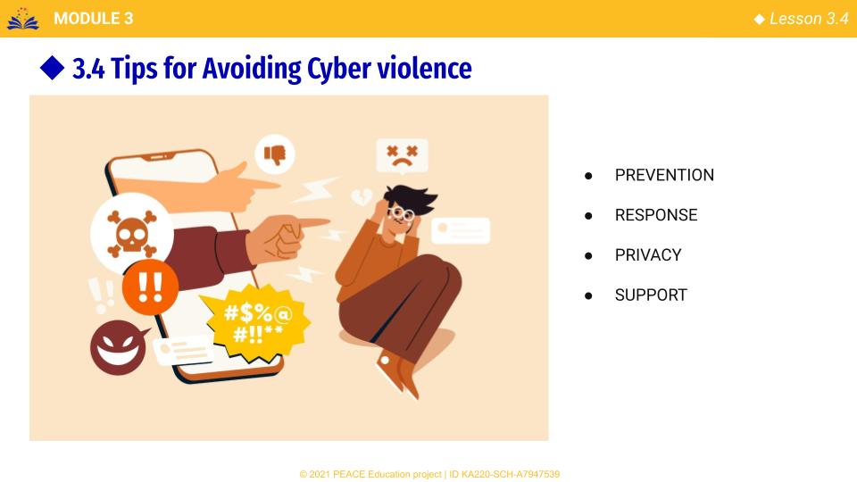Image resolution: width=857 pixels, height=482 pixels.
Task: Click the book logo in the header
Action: pos(23,19)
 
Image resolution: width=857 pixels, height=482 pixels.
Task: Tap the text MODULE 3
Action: pos(94,19)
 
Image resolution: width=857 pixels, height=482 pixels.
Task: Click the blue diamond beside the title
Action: pos(53,68)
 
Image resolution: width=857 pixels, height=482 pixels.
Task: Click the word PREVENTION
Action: pos(664,175)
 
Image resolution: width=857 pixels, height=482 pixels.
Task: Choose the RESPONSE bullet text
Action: pos(656,215)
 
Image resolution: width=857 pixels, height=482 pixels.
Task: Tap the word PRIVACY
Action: pos(648,254)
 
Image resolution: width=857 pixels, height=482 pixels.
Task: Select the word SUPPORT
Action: pos(651,295)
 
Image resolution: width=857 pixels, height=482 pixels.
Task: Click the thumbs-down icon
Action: pos(275,154)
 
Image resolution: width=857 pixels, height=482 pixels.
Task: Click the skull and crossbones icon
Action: pos(132,234)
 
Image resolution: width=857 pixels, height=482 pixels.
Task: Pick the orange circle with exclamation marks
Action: pos(150,287)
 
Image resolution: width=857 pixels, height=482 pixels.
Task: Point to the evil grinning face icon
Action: pos(119,347)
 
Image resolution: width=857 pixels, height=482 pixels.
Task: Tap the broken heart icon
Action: pos(362,196)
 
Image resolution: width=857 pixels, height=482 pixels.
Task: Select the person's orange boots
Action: pos(398,374)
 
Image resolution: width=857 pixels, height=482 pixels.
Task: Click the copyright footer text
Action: pos(429,474)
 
